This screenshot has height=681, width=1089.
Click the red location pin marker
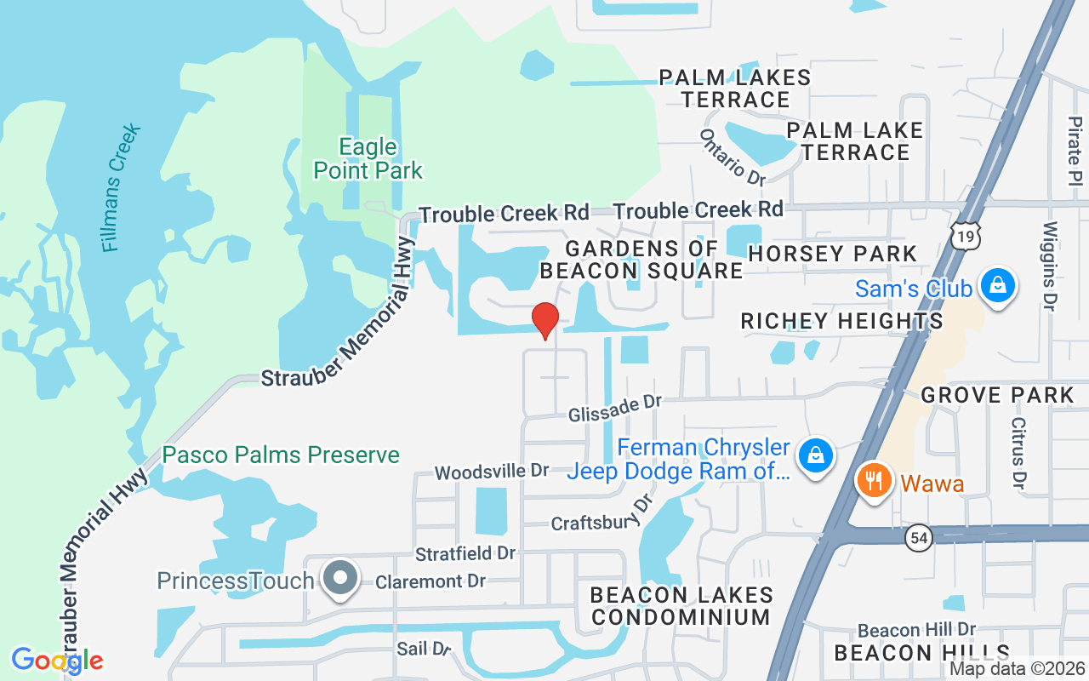coord(545,320)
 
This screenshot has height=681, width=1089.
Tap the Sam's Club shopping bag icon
coord(998,286)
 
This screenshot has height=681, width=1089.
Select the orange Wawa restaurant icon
coord(872,481)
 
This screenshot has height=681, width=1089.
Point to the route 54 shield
coord(920,538)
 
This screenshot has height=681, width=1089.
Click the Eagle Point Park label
coord(368,159)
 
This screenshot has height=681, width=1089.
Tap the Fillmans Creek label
coord(120,188)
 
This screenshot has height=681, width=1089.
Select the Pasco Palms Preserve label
coord(281,455)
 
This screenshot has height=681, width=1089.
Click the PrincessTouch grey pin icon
coord(341,578)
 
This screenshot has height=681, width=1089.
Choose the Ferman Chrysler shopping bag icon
coord(815,456)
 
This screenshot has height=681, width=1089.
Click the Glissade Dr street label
coord(614,406)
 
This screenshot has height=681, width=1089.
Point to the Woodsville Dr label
coord(491,471)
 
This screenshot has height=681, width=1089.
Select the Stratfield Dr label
coord(465,553)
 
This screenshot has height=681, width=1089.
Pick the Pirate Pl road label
coord(1075,148)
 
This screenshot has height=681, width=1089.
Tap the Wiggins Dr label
coord(1050,265)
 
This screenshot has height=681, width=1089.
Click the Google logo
coord(57,661)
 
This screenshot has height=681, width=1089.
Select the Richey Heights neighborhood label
coord(841,321)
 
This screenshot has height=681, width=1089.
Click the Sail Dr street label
coord(423,649)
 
